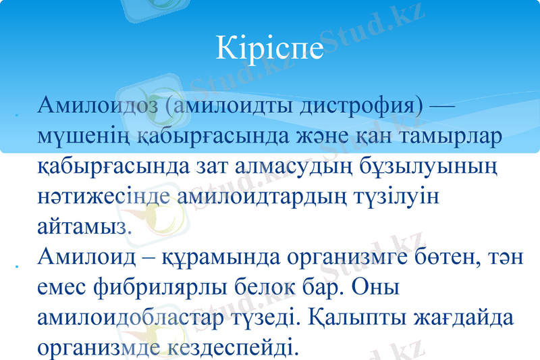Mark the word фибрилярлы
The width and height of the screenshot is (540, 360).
pyautogui.click(x=172, y=288)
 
